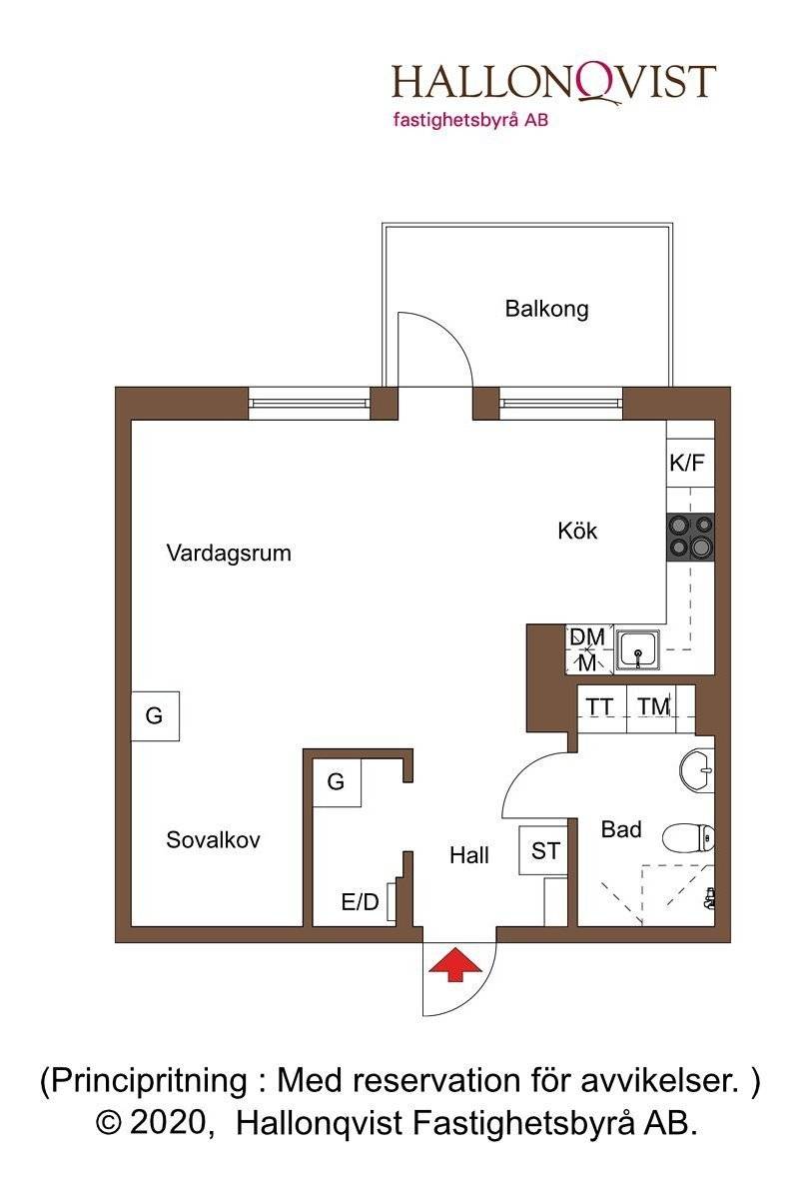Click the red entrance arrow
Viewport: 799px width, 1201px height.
click(x=455, y=963)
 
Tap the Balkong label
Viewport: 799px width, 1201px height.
click(x=546, y=310)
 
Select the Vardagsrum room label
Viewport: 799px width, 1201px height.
click(x=229, y=554)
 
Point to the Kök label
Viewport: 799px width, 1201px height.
click(x=577, y=531)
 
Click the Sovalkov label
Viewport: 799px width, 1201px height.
click(x=213, y=839)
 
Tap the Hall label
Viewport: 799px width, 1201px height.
click(x=468, y=855)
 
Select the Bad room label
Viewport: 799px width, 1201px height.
click(x=621, y=829)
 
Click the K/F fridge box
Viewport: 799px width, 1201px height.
click(x=690, y=463)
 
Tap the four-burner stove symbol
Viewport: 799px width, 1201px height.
click(x=690, y=538)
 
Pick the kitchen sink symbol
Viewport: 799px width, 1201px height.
click(x=637, y=649)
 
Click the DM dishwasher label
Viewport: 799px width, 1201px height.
click(x=587, y=636)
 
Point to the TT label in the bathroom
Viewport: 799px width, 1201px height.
click(x=599, y=706)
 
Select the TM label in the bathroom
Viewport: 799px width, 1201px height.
click(x=654, y=706)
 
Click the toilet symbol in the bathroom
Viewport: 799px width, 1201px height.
click(x=688, y=837)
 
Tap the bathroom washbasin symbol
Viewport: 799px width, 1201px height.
click(x=697, y=770)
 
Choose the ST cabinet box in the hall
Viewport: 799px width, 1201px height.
click(x=543, y=851)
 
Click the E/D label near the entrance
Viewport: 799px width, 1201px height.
click(x=361, y=902)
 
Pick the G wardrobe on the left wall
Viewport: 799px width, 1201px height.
click(x=155, y=716)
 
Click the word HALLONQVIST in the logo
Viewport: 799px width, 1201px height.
click(x=554, y=82)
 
